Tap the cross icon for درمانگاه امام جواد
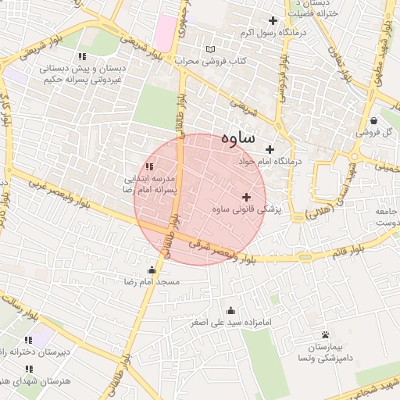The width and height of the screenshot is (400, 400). [271, 149]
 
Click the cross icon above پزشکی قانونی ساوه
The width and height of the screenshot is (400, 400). [248, 197]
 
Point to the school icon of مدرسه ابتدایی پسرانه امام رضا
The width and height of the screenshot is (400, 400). [149, 166]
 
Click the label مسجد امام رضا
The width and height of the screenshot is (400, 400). [157, 280]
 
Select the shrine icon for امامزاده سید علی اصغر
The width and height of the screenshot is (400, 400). [230, 310]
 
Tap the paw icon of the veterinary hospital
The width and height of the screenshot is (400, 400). [325, 334]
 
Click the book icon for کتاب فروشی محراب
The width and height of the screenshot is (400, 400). [209, 50]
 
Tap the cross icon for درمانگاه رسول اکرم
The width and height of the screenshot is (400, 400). [273, 20]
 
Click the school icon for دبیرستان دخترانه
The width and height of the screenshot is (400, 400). [29, 340]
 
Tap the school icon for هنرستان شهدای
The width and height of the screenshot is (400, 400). [29, 369]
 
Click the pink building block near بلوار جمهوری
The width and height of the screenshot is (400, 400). [166, 32]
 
